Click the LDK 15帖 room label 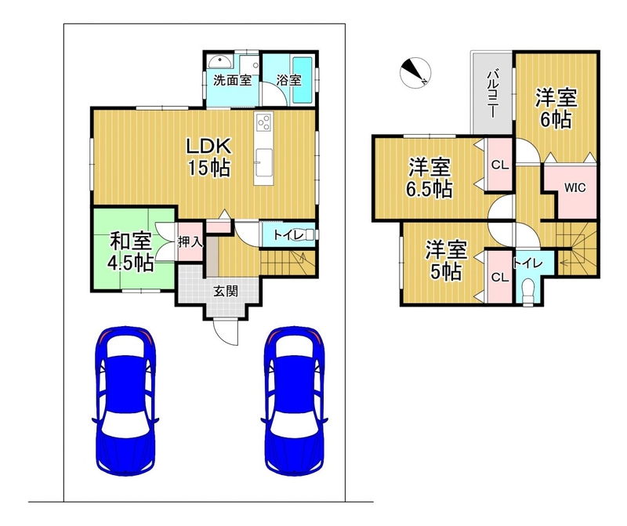pos(209,158)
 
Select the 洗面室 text pos(232,81)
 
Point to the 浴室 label pos(288,80)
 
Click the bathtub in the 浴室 pos(303,80)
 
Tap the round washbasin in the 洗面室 pos(219,62)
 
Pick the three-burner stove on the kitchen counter pos(264,122)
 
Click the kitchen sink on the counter pos(263,161)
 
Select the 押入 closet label pos(190,242)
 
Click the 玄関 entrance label pos(226,291)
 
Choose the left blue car pos(125,401)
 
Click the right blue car pos(295,401)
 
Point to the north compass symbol pos(415,72)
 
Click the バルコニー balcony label pos(493,94)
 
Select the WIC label pos(575,187)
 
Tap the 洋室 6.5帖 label pos(429,178)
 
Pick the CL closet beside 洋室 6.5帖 pos(500,165)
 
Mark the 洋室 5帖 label pos(446,260)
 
